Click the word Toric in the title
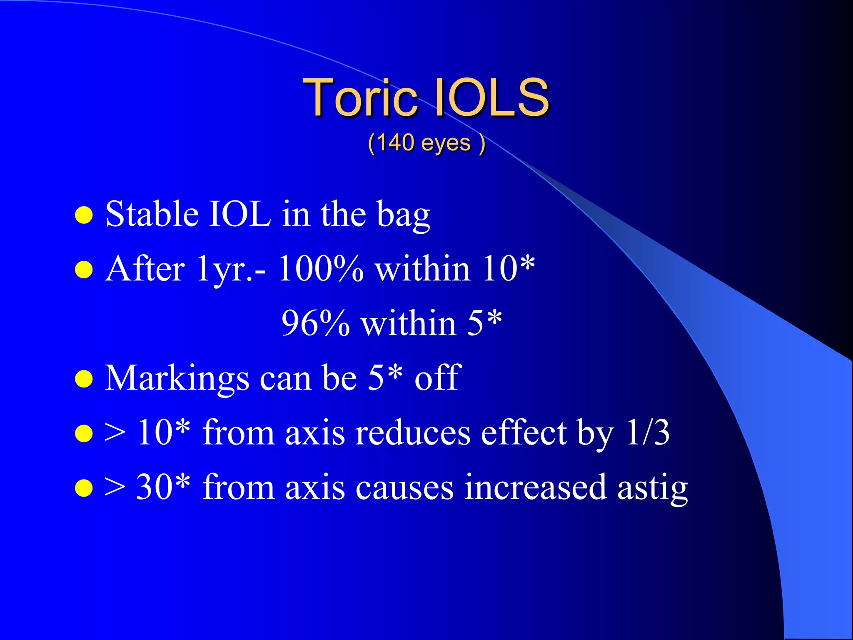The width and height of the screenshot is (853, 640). (360, 97)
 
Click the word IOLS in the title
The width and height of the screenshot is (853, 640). (491, 97)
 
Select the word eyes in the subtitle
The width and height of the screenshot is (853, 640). (446, 144)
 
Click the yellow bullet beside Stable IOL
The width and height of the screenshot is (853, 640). (84, 215)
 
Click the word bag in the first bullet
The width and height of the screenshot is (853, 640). (403, 216)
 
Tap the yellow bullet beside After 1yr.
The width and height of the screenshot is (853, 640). (84, 270)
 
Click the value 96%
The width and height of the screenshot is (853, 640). (315, 323)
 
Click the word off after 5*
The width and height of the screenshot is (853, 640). (438, 377)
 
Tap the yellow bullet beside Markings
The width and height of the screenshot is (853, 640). (84, 379)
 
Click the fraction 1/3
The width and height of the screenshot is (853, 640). (648, 432)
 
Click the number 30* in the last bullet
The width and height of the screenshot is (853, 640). (163, 487)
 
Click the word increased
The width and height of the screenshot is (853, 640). (535, 487)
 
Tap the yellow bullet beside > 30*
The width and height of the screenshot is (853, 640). (84, 488)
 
